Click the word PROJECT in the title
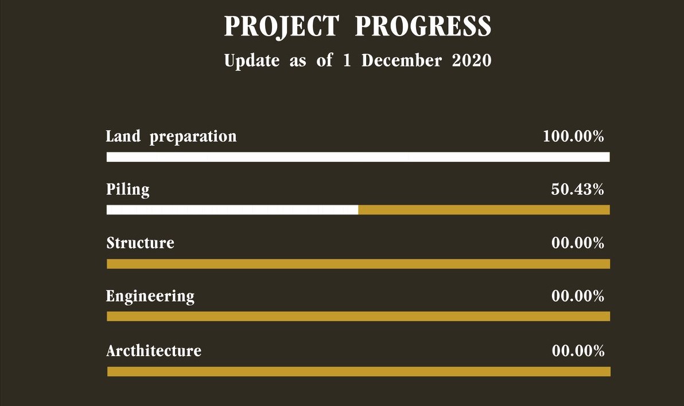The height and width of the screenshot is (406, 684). (281, 26)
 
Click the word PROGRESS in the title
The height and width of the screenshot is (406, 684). (423, 26)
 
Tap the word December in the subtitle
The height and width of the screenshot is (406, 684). (402, 60)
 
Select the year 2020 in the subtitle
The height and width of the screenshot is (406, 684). (472, 60)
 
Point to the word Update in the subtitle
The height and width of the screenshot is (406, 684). (252, 61)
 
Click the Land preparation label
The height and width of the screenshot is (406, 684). (171, 136)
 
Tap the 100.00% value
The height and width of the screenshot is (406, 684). (573, 136)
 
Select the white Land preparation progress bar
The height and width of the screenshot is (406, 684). (358, 157)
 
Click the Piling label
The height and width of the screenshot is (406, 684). (128, 190)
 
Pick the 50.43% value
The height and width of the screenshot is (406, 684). (578, 189)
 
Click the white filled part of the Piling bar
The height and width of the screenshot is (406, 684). (232, 210)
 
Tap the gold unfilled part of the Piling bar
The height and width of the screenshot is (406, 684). (484, 210)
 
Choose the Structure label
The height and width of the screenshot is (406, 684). (140, 243)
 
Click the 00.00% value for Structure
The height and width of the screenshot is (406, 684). (578, 243)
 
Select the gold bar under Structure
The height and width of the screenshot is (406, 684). (358, 264)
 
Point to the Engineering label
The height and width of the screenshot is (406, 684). (150, 296)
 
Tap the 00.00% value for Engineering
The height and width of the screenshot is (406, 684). (578, 296)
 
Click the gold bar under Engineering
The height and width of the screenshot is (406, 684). (358, 316)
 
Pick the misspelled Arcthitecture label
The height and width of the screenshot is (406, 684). (154, 350)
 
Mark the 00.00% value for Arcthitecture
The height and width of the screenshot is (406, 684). (578, 350)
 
